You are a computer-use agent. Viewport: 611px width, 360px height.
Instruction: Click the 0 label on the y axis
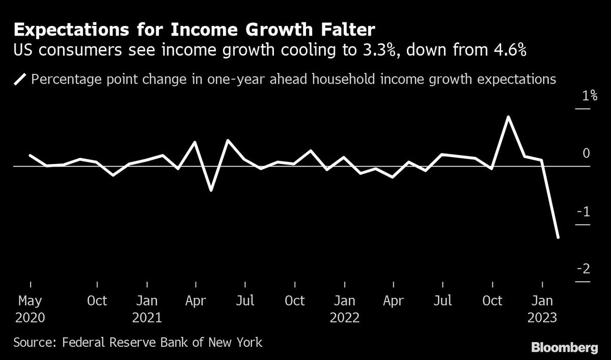pos(586,153)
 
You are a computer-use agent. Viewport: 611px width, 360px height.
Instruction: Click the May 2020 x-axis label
pos(30,309)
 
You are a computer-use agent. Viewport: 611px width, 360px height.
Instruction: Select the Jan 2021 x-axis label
pos(147,309)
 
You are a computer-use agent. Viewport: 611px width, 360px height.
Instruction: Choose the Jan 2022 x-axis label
pos(345,309)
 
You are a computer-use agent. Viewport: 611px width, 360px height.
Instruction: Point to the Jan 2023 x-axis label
pos(542,309)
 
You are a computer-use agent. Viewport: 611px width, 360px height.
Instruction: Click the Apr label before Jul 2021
pos(196,301)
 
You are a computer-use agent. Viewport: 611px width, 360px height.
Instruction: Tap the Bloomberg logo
pos(564,348)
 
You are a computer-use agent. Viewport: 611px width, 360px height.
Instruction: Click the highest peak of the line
pos(508,117)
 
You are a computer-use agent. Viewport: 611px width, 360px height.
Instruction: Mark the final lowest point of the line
pos(558,237)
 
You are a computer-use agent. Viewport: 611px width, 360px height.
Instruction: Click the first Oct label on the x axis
pos(97,301)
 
